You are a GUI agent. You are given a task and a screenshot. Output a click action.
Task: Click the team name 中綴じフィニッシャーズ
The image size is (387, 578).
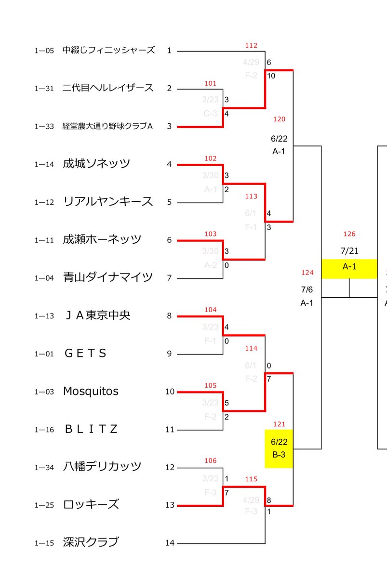[x=108, y=50]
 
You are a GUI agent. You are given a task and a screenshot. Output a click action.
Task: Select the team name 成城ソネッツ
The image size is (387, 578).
[x=96, y=164]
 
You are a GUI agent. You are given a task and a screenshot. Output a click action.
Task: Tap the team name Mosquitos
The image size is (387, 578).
[x=91, y=391]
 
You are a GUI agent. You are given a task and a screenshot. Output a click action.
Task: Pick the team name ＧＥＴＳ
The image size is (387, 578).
[x=85, y=354]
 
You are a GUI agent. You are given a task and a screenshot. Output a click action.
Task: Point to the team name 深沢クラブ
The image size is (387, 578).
[x=91, y=542]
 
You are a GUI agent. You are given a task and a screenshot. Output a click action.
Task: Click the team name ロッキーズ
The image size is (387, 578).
[x=91, y=505]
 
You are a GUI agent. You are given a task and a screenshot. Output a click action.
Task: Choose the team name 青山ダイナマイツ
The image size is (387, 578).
[x=108, y=277]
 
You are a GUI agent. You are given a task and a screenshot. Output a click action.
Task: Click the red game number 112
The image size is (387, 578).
[x=251, y=46]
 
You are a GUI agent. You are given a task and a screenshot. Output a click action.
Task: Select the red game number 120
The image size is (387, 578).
[x=279, y=119]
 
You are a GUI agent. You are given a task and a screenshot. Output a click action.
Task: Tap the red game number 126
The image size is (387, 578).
[x=349, y=234]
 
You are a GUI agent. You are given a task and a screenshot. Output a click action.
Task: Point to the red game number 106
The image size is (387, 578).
[x=210, y=461]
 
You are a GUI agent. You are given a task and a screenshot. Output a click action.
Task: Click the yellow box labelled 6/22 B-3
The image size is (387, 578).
[x=279, y=448]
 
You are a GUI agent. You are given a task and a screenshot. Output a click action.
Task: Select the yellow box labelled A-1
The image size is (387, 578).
[x=349, y=268]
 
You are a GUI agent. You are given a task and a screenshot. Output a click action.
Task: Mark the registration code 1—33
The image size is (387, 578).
[x=44, y=127]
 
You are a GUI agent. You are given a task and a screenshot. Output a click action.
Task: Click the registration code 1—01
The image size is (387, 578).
[x=44, y=354]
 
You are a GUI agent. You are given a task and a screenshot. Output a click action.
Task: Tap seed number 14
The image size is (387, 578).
[x=170, y=543]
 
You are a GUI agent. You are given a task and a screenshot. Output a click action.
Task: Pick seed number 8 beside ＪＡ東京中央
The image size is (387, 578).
[x=169, y=316]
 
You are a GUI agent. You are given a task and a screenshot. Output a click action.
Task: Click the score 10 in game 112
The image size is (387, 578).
[x=271, y=75]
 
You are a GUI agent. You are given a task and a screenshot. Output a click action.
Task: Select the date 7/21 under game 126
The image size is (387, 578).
[x=349, y=251]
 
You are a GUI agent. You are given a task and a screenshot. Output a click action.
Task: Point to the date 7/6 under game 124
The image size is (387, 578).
[x=307, y=289]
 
